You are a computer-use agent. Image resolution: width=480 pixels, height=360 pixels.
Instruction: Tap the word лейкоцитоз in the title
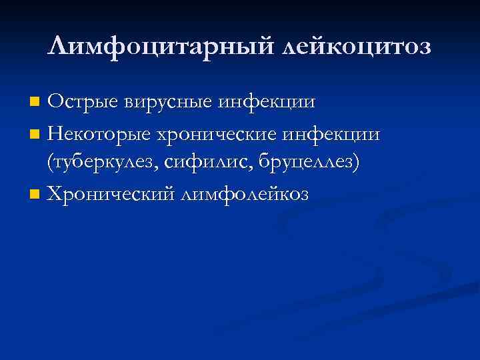pyautogui.click(x=357, y=47)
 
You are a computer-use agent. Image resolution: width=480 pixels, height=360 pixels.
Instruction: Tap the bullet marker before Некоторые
pyautogui.click(x=35, y=135)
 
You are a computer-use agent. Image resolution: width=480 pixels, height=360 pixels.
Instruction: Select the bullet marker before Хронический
pyautogui.click(x=35, y=194)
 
